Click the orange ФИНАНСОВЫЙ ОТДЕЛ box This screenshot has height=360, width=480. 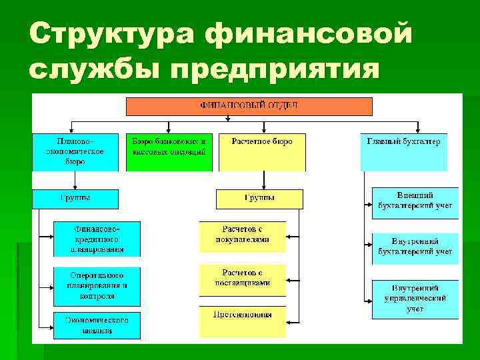tap(249, 106)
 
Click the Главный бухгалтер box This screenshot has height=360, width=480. tap(403, 152)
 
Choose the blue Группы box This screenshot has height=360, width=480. tap(75, 199)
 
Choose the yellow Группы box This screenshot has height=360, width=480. tap(259, 199)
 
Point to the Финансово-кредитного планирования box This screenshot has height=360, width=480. tap(97, 239)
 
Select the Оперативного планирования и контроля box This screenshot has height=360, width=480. tap(97, 285)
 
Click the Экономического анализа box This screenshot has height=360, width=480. tap(97, 325)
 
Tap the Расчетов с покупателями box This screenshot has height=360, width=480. tap(243, 237)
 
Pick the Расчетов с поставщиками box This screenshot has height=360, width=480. tap(243, 279)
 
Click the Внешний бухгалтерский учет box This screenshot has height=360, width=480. tap(415, 203)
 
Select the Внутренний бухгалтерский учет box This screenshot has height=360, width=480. tap(415, 247)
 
